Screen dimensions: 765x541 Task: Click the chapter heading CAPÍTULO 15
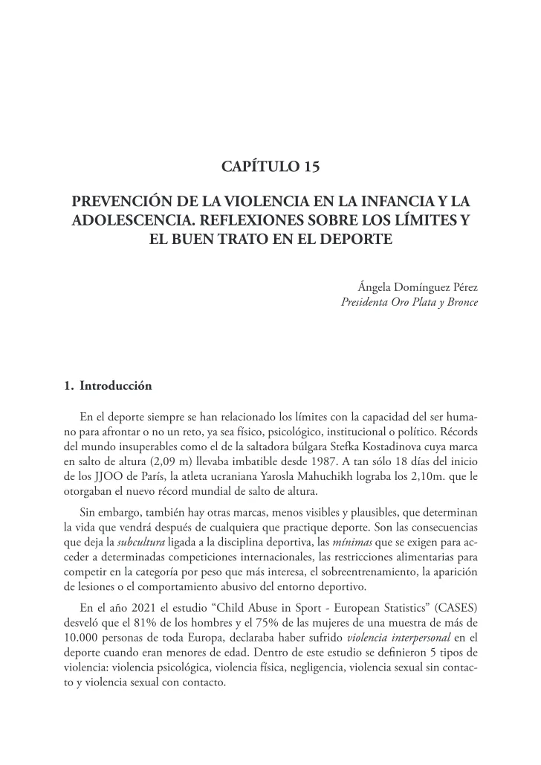pyautogui.click(x=270, y=167)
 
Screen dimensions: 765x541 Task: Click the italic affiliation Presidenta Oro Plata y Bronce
pyautogui.click(x=409, y=302)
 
